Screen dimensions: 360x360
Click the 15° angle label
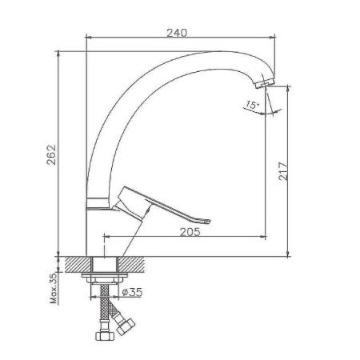252,105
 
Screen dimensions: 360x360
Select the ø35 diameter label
134,293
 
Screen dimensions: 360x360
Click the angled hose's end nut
126,326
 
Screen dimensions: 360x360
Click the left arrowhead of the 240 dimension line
87,38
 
